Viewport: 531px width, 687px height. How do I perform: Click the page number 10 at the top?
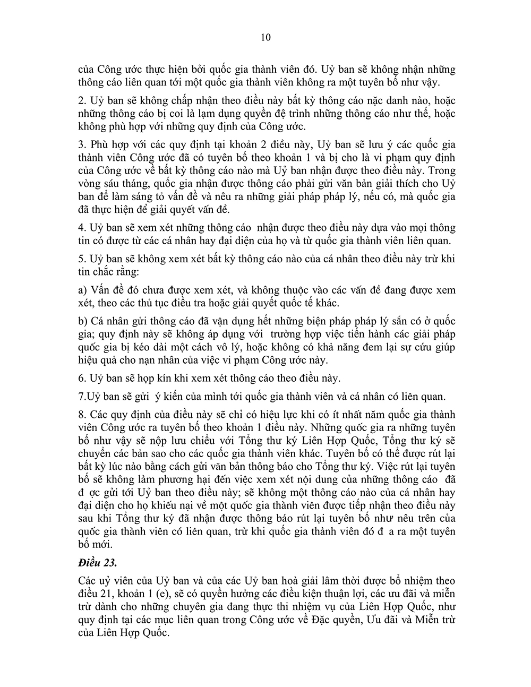tap(266, 37)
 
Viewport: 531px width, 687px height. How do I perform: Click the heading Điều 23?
tap(99, 562)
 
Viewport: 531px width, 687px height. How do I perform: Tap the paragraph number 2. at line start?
tap(82, 101)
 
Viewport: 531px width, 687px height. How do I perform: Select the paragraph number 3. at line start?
tap(82, 145)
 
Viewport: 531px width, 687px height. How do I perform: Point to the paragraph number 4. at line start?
tap(82, 228)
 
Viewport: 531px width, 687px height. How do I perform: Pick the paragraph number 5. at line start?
tap(82, 259)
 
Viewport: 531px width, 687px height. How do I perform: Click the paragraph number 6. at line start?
tap(82, 379)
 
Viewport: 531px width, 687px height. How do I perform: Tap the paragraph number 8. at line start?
tap(82, 415)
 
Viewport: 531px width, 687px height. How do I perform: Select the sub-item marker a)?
tap(82, 290)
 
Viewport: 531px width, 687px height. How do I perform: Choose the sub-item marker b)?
tap(82, 322)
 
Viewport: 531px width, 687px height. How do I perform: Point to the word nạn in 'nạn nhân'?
tap(168, 360)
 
